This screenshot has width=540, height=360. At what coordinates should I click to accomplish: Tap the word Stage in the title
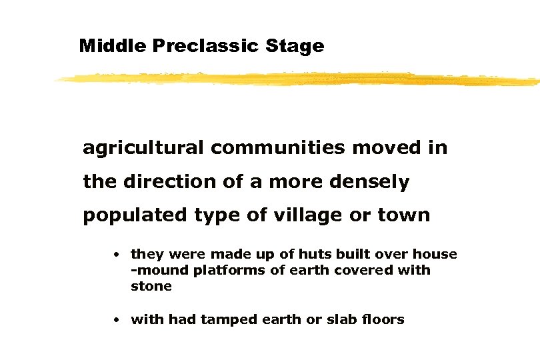[297, 46]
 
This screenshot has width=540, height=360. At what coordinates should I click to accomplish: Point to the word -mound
[158, 270]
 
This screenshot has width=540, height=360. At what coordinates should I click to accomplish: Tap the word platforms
[223, 270]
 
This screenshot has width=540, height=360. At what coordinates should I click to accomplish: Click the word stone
[151, 286]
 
